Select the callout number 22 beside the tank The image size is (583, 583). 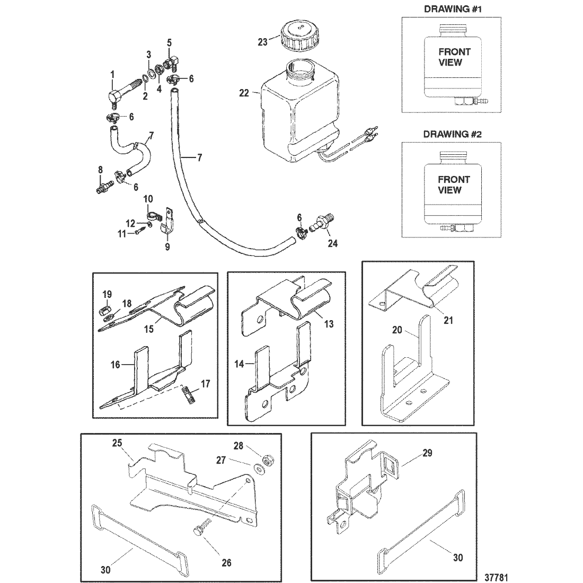coord(244,93)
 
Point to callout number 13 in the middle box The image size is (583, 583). coord(329,324)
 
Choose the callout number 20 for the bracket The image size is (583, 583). coord(397,330)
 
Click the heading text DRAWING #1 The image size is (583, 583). coord(453,9)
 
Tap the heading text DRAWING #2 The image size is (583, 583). coord(453,134)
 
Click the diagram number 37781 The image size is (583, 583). coord(496,577)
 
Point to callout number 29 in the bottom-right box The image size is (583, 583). coord(428,453)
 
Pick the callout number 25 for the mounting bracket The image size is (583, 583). coord(117,443)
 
